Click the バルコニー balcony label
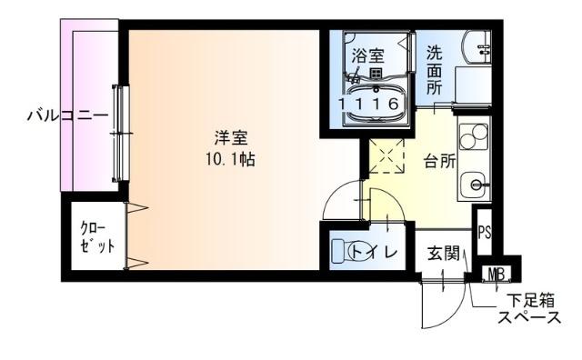[x=67, y=115]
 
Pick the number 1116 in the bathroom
[x=370, y=105]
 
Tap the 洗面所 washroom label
[x=436, y=71]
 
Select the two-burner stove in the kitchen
[x=474, y=136]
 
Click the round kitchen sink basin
[x=474, y=186]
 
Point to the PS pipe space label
[x=484, y=231]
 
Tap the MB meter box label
[x=497, y=273]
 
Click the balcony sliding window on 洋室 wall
[x=119, y=135]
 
